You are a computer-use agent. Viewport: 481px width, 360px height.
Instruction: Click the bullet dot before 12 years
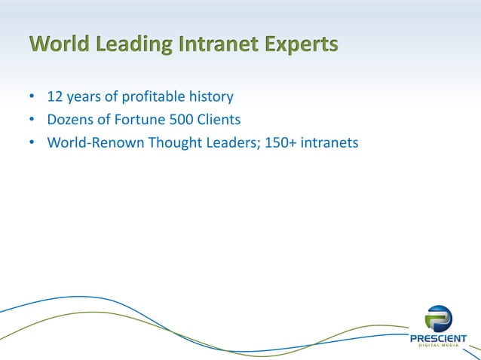click(x=31, y=98)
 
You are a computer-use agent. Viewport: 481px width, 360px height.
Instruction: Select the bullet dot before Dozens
click(x=31, y=119)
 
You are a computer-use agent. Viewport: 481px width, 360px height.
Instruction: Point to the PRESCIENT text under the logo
click(x=438, y=338)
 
